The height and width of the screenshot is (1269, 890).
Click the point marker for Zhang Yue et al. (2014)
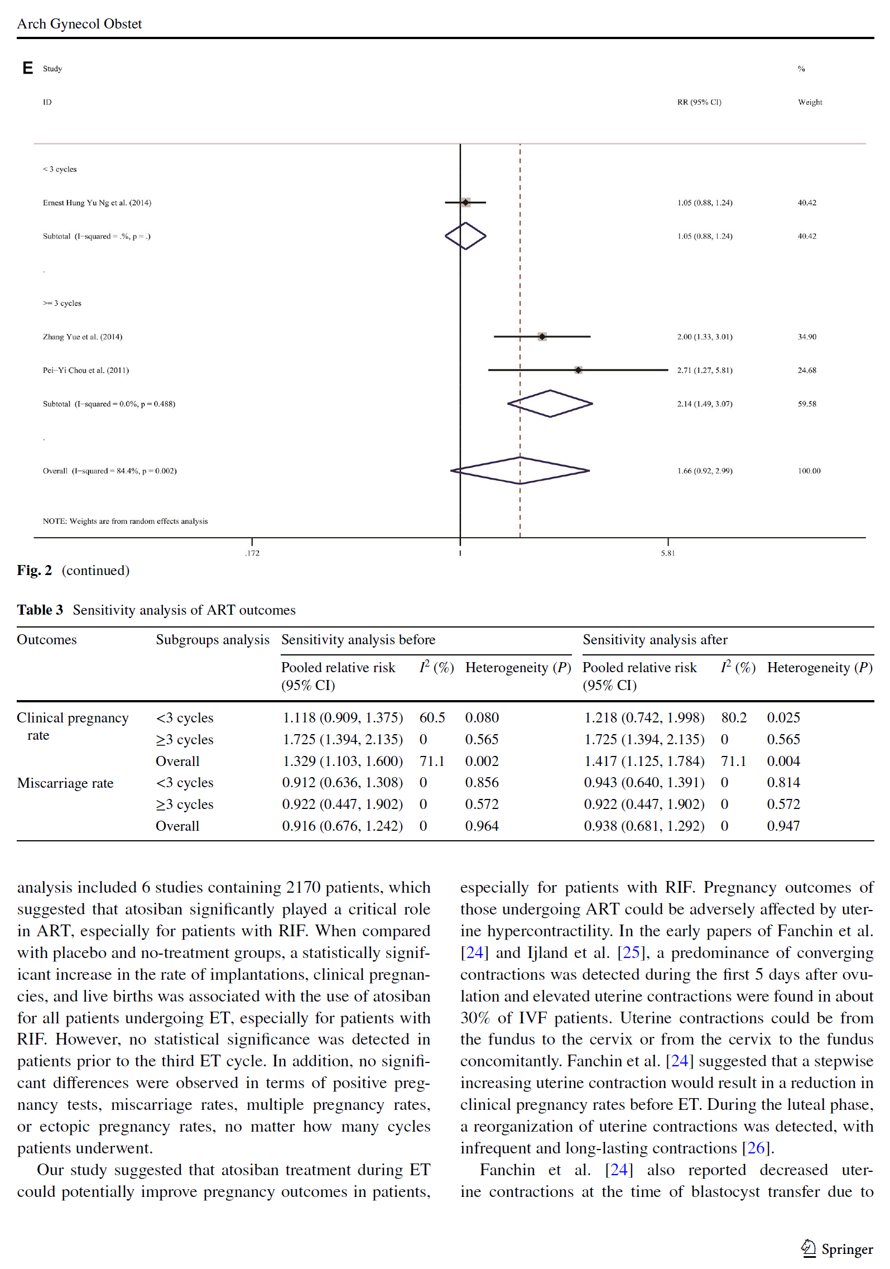[x=542, y=337]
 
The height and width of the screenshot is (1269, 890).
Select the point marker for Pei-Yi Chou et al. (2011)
[x=578, y=370]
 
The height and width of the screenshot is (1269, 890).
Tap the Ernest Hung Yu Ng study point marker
[x=465, y=203]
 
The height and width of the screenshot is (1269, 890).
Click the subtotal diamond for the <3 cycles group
[x=465, y=236]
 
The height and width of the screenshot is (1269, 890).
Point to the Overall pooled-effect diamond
[x=520, y=471]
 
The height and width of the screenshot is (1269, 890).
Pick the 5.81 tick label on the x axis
[x=667, y=553]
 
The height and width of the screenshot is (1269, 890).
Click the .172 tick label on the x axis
[x=252, y=553]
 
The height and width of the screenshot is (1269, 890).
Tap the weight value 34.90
[x=807, y=337]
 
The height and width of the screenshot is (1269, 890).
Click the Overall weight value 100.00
[x=809, y=471]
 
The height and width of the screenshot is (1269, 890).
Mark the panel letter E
[x=27, y=68]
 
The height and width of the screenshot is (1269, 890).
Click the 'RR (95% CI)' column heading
[x=699, y=102]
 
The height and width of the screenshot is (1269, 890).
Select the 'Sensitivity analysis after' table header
[x=655, y=640]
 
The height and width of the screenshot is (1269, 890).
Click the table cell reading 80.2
[x=733, y=717]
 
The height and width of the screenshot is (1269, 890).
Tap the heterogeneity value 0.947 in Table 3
[x=783, y=826]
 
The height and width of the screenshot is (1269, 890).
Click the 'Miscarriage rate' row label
[x=65, y=783]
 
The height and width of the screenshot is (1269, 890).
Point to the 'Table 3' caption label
[x=40, y=610]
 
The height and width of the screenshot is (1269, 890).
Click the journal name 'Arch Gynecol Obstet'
[x=79, y=24]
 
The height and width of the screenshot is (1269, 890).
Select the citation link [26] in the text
[x=756, y=1148]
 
